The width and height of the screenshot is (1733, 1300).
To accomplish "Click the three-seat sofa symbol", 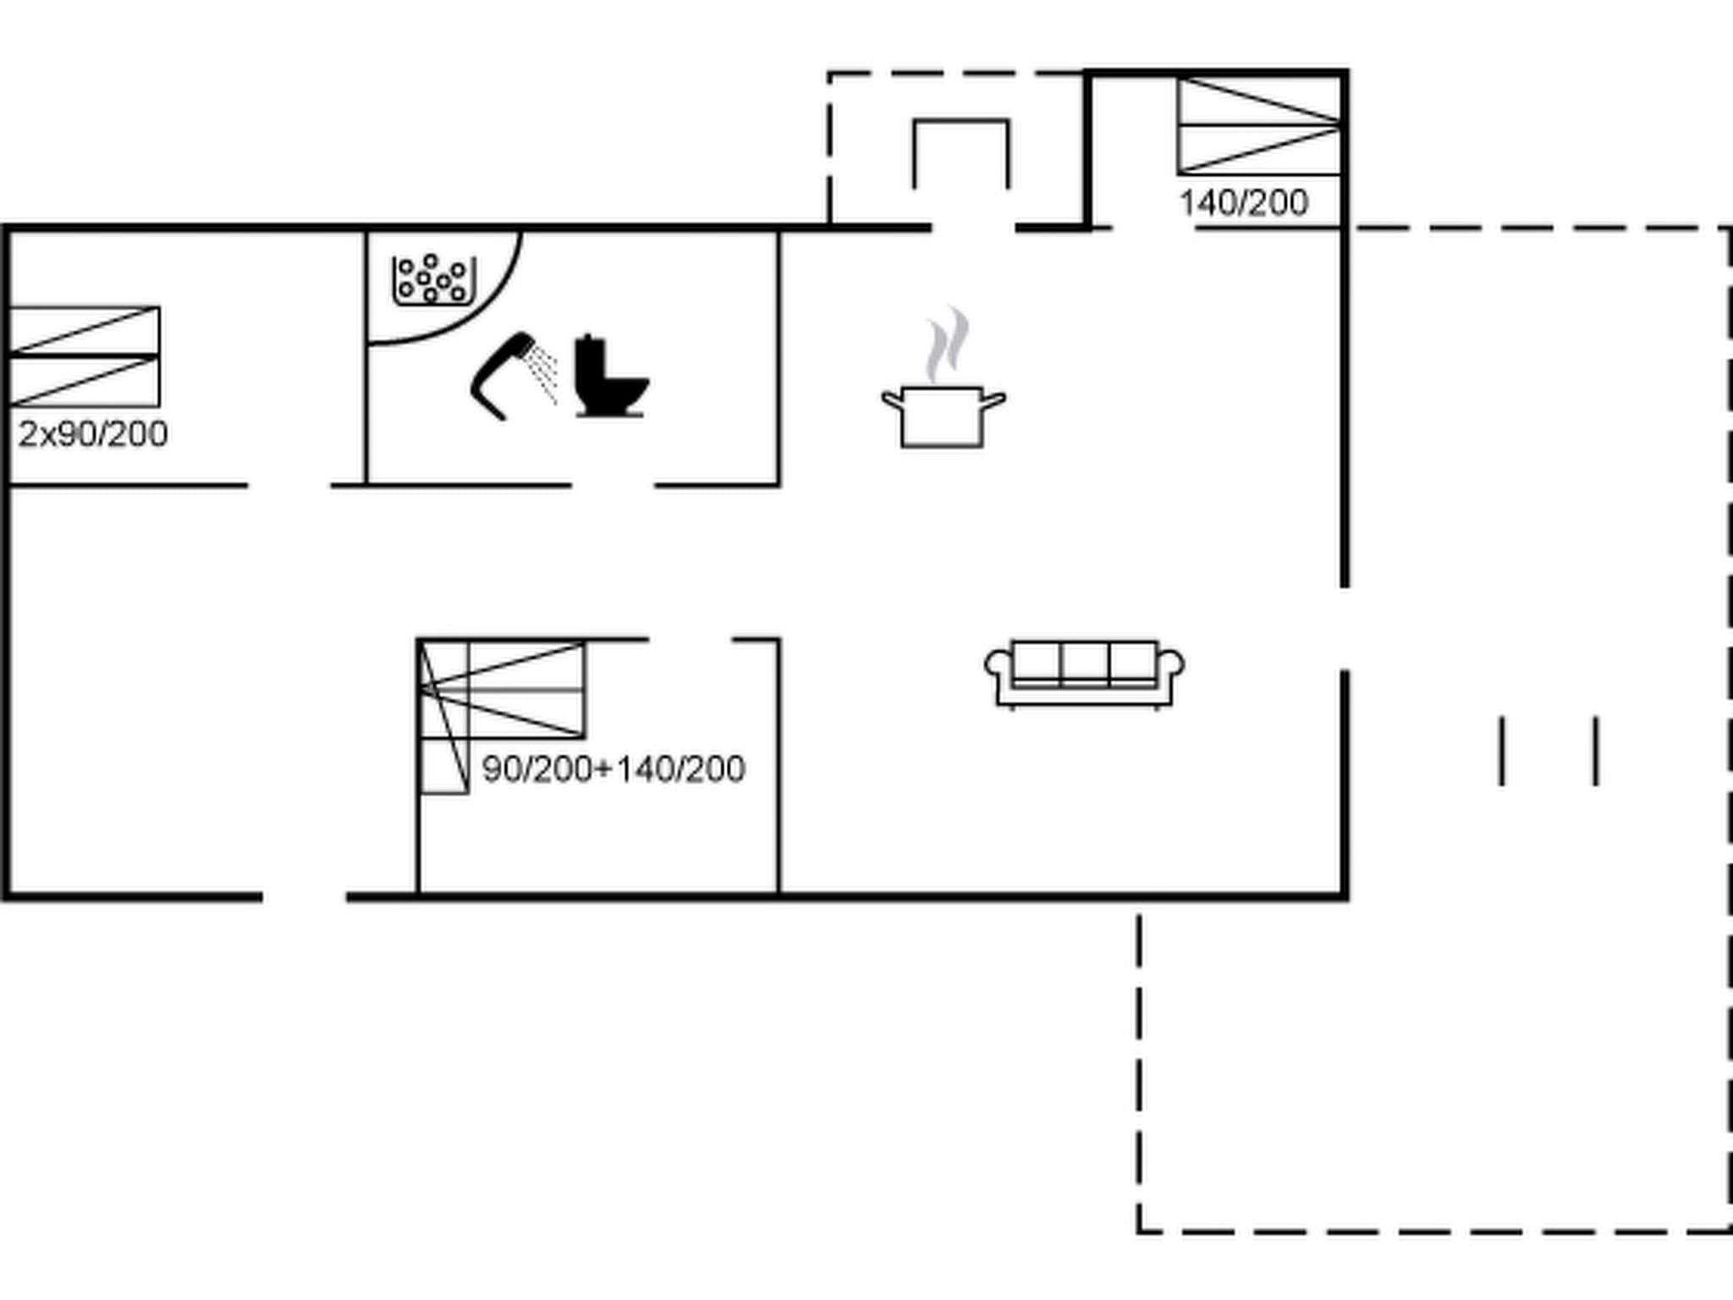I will click(x=1084, y=673).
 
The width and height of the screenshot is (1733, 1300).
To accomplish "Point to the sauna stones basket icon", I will click(x=433, y=279).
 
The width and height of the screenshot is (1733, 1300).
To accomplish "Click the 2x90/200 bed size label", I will click(x=93, y=434).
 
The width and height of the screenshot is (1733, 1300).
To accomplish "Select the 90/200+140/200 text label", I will click(x=613, y=769).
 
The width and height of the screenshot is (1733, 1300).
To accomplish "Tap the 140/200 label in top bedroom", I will click(x=1243, y=203).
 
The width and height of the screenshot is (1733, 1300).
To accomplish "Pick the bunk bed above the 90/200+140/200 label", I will click(x=503, y=690).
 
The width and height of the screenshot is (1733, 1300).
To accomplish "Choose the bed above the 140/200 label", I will click(x=1258, y=126).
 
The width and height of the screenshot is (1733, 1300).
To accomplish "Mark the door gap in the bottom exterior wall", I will click(x=305, y=896).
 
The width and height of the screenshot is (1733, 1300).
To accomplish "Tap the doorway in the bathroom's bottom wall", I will click(x=613, y=486).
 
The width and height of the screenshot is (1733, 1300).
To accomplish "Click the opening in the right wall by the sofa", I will click(x=1344, y=628).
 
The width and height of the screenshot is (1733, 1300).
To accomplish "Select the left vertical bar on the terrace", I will click(x=1502, y=751).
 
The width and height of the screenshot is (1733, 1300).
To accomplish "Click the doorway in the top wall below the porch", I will click(x=973, y=228).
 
